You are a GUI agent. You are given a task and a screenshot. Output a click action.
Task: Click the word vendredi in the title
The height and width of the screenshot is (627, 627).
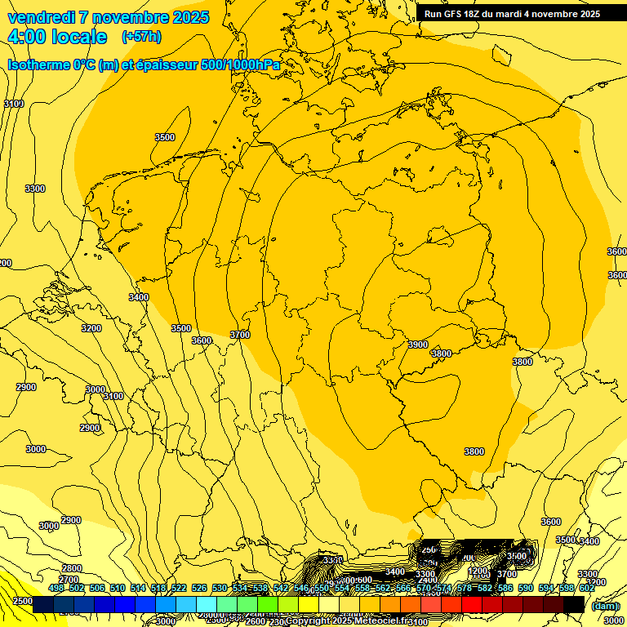tap(38, 17)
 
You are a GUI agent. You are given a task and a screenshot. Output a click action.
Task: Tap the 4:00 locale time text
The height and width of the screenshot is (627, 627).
tap(57, 37)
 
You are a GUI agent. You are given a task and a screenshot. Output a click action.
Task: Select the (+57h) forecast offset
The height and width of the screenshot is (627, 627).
tap(141, 37)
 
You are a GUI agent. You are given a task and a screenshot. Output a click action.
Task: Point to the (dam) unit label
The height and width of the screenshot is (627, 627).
tap(606, 606)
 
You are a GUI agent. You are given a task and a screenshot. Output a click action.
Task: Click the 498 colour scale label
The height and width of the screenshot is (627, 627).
tap(56, 588)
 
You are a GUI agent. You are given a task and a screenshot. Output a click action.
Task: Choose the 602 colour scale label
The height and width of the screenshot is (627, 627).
tap(587, 588)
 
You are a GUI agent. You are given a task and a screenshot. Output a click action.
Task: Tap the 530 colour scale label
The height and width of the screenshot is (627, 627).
tap(220, 588)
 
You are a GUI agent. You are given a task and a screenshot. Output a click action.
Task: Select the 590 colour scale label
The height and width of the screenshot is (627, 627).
tap(526, 588)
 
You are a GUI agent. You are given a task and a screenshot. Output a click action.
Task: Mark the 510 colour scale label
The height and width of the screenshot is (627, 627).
tap(118, 588)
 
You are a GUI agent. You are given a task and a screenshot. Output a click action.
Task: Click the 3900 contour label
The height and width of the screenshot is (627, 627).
tap(418, 345)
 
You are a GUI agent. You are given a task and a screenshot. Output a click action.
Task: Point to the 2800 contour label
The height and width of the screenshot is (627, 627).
tap(72, 568)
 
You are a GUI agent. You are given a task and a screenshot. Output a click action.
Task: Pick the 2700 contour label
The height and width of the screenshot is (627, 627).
tap(69, 580)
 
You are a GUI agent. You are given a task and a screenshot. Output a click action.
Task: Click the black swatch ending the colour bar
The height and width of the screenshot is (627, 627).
tap(574, 604)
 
